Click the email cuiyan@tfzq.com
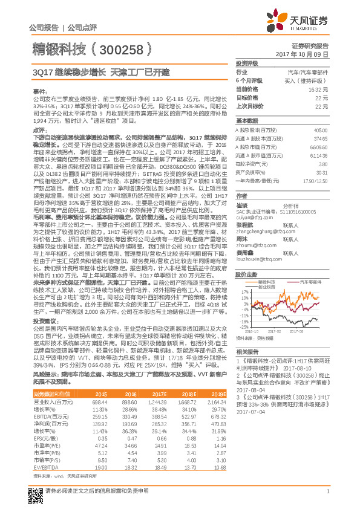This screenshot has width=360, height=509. [250, 216]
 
